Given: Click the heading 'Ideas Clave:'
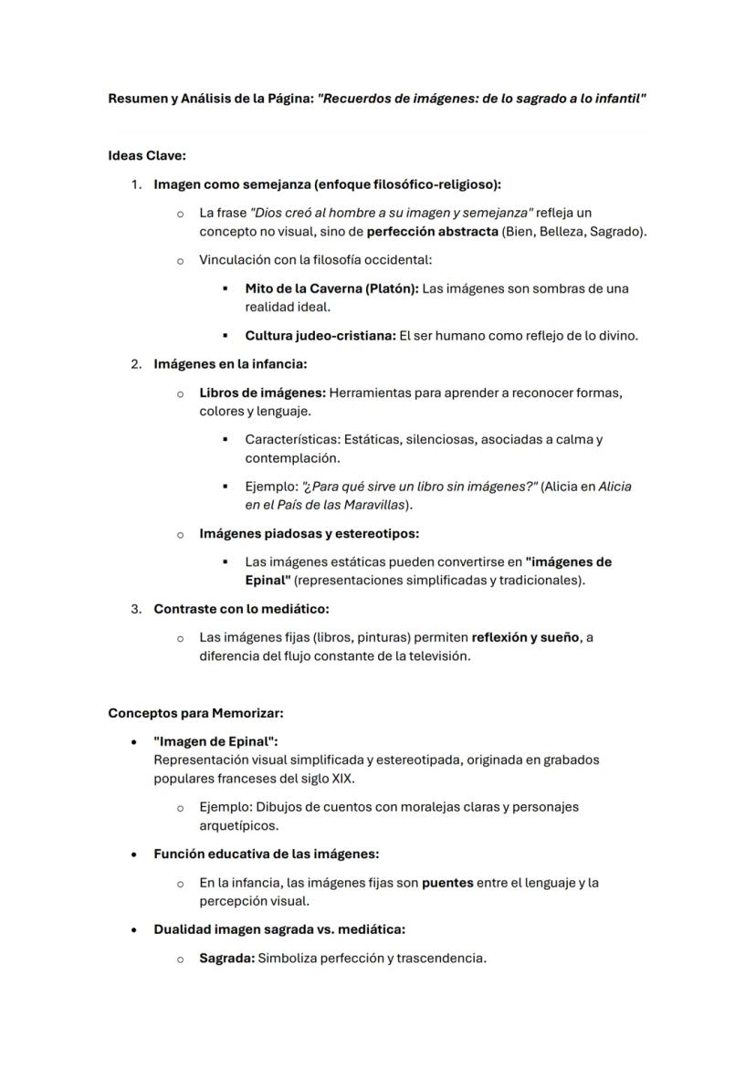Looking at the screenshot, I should click(x=146, y=156).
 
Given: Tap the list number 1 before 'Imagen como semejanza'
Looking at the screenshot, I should click(x=135, y=184).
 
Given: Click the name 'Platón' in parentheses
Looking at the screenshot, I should click(x=391, y=288).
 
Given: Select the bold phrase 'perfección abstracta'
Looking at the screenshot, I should click(x=432, y=231).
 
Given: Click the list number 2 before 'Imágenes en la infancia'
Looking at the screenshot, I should click(x=135, y=364).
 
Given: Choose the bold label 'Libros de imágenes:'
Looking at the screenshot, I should click(x=262, y=393).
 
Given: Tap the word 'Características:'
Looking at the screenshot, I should click(x=291, y=439).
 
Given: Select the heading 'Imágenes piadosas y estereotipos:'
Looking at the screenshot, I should click(x=309, y=533).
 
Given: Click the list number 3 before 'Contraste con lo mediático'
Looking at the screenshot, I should click(x=135, y=608).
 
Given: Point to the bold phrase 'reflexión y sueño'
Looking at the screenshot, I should click(x=525, y=637).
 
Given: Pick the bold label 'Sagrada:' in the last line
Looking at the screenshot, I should click(x=226, y=959).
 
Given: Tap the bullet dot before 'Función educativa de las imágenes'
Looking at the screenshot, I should click(x=134, y=854).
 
